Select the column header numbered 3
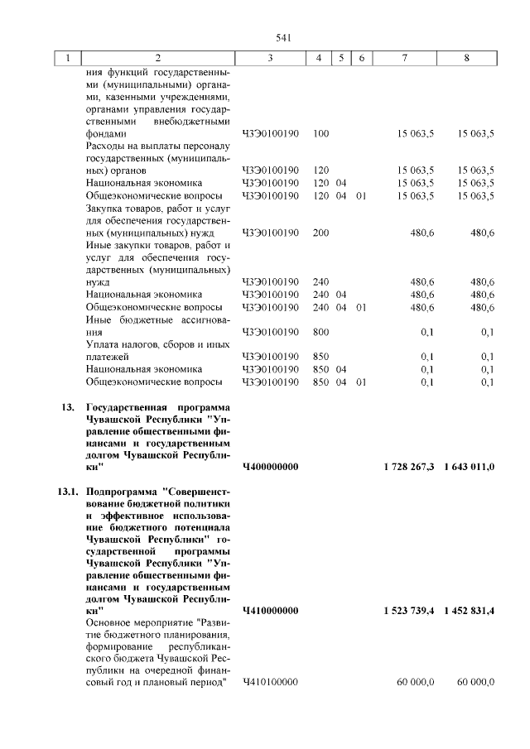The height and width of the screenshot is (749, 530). (270, 58)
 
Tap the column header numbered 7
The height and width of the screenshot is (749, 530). (404, 58)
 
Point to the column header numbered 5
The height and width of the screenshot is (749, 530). (340, 58)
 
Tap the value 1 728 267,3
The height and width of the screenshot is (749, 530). (409, 468)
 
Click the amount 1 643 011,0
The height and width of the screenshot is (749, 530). (470, 468)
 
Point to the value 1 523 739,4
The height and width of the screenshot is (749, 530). (409, 611)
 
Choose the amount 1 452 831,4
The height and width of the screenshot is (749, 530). (470, 611)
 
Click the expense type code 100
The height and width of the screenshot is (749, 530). (322, 132)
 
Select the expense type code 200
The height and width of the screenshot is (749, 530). (322, 233)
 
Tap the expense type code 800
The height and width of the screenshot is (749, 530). (322, 333)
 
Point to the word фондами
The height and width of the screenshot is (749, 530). (106, 132)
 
